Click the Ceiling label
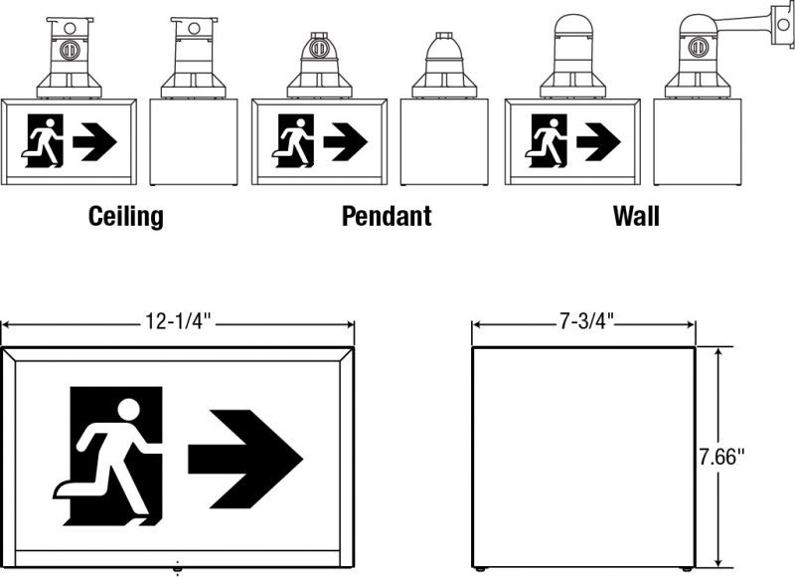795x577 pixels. point(126,217)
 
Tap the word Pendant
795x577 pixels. point(387,216)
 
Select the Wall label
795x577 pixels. point(636,216)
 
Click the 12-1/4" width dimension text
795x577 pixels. point(178,321)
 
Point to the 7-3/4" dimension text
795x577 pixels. point(586,321)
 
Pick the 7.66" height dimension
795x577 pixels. point(722,457)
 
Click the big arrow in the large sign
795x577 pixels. point(245,459)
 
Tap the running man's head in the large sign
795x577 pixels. point(128,410)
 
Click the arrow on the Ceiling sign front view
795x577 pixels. point(94,141)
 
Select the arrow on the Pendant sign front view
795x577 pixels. point(345,141)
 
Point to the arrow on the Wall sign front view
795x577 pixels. point(598,141)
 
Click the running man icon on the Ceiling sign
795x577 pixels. point(43,141)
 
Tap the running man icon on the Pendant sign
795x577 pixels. point(293,141)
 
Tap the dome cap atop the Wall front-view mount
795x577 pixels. point(573,25)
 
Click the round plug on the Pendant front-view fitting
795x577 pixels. point(319,49)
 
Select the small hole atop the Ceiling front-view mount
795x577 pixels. point(70,28)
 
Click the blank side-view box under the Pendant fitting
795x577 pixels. point(444,142)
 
